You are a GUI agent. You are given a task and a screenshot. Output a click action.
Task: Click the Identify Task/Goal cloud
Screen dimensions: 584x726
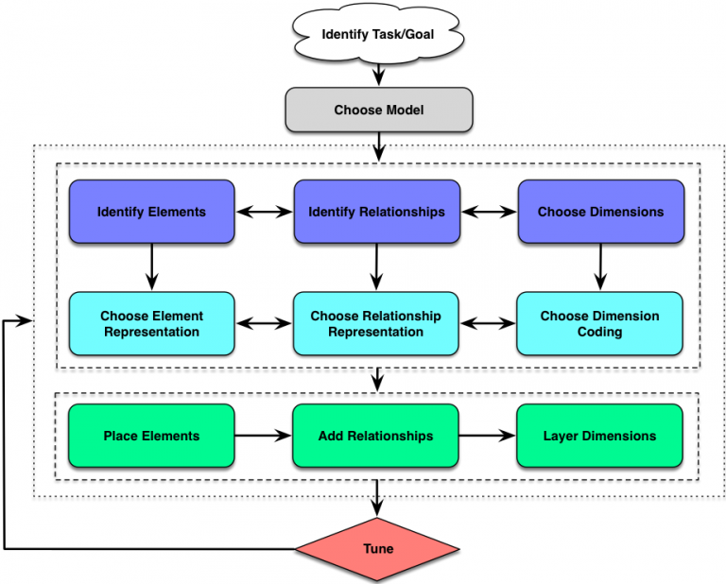[x=378, y=36]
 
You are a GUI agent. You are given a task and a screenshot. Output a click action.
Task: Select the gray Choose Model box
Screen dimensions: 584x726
[x=378, y=111]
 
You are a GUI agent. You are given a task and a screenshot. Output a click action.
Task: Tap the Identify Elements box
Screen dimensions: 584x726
[x=151, y=212]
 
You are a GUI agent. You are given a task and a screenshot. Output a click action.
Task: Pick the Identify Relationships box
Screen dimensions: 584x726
[x=376, y=212]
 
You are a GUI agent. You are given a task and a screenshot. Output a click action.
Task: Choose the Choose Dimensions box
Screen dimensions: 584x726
[x=600, y=212]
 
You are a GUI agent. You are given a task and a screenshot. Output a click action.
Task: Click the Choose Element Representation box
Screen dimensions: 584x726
[x=151, y=323]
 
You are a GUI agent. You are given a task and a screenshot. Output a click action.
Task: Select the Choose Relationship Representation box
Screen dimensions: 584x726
[x=376, y=323]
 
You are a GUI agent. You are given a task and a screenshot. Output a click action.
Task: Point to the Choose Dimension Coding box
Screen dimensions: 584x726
[x=600, y=323]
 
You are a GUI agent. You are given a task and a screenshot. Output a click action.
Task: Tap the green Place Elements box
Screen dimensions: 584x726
[x=151, y=436]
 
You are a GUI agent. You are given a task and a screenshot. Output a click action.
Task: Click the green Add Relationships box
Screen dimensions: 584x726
[x=376, y=436]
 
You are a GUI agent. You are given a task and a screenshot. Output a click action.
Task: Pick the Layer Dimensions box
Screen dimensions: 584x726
[x=600, y=436]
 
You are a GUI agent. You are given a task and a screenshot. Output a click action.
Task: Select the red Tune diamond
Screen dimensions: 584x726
[x=378, y=549]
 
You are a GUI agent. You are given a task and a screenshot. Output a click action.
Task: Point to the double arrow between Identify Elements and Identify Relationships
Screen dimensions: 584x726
[x=264, y=212]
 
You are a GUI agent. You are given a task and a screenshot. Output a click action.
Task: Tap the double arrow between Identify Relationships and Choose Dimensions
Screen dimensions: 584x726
[x=488, y=212]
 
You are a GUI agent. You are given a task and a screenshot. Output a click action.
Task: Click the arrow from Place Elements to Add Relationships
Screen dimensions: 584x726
[x=264, y=436]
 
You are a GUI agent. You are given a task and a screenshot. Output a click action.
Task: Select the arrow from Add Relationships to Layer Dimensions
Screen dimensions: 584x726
[x=488, y=436]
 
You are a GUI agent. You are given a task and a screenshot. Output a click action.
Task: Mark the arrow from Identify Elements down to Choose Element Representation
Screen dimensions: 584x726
[x=151, y=267]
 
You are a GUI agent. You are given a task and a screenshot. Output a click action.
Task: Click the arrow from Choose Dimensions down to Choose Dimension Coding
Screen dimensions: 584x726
[x=600, y=267]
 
